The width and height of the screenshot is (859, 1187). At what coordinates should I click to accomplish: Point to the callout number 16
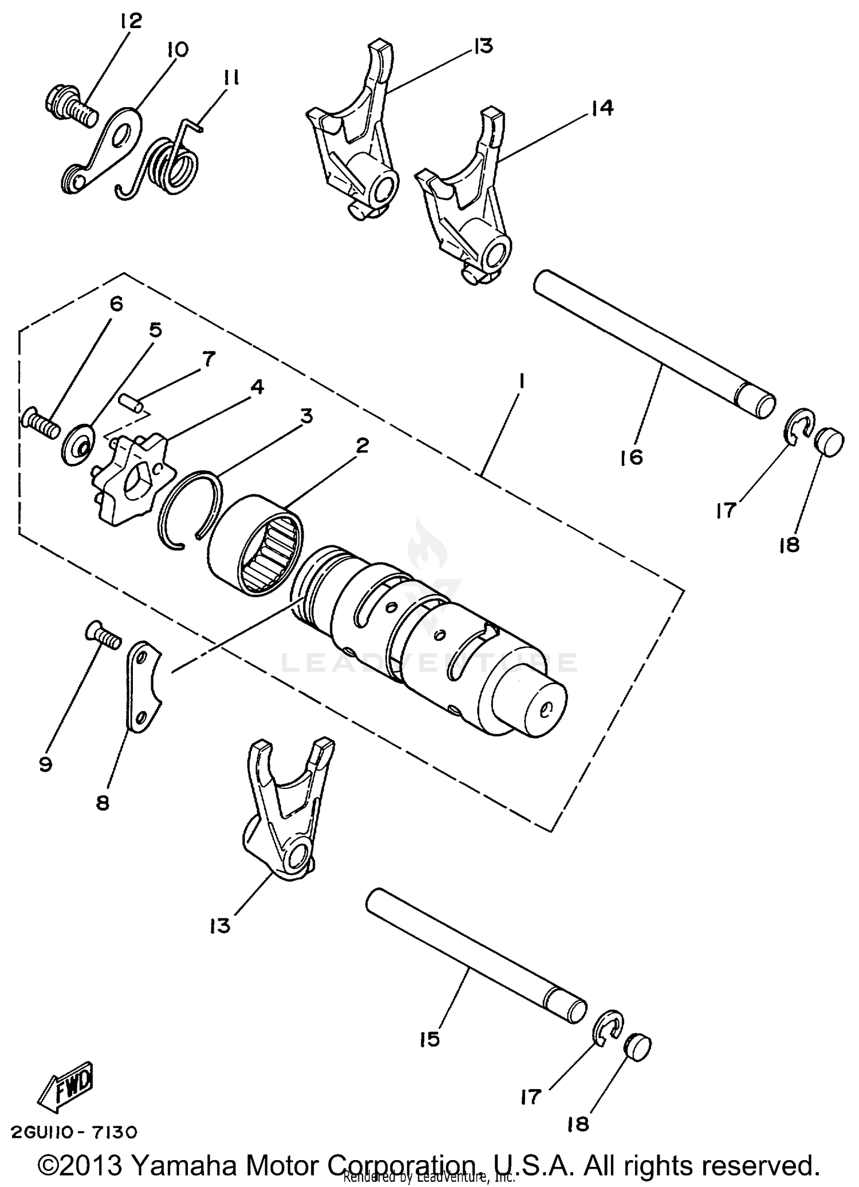tap(632, 457)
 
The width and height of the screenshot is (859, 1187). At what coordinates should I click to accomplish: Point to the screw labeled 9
tap(103, 636)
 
